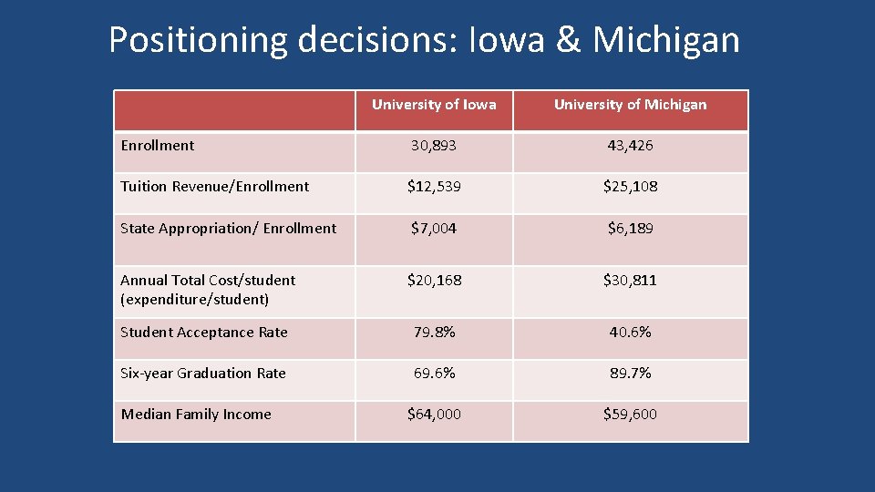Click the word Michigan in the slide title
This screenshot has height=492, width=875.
click(x=665, y=40)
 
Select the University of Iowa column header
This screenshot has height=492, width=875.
click(x=434, y=105)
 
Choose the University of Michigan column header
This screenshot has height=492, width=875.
click(x=630, y=105)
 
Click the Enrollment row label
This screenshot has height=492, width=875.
click(x=158, y=146)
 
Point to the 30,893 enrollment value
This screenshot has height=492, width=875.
click(x=434, y=146)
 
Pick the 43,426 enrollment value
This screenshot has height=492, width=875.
click(x=630, y=146)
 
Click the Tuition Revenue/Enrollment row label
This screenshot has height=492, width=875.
click(x=215, y=187)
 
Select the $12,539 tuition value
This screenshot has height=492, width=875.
click(x=434, y=187)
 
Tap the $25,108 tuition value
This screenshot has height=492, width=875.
click(x=630, y=187)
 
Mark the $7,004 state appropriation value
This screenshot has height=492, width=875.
click(x=434, y=229)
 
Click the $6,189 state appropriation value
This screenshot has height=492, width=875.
click(x=630, y=229)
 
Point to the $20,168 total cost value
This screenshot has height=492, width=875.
click(x=434, y=281)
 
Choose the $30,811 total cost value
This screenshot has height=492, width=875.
click(x=630, y=281)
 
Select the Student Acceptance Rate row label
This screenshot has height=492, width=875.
click(x=204, y=333)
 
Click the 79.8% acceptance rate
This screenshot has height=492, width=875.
click(x=434, y=333)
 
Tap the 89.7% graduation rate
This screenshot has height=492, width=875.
click(x=630, y=374)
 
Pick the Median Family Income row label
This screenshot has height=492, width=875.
click(x=196, y=415)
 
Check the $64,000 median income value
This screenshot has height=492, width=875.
click(x=434, y=415)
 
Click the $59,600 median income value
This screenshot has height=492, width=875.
click(x=630, y=415)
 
